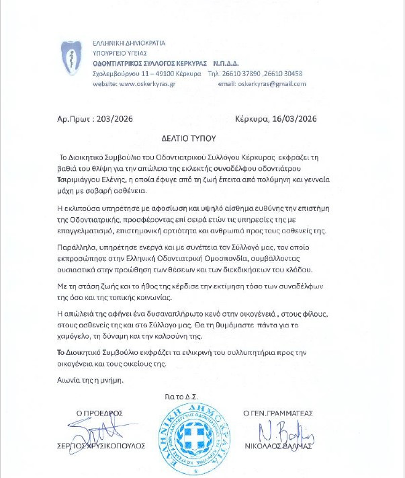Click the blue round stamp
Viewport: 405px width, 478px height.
click(191, 437)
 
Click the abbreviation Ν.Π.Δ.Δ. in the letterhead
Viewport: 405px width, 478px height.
click(240, 63)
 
